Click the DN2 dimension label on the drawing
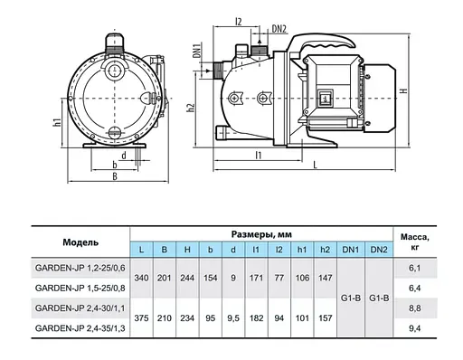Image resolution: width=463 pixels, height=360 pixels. (x=279, y=29)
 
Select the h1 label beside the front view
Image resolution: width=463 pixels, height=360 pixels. (x=57, y=122)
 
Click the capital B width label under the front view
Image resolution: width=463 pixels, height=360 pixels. (x=115, y=176)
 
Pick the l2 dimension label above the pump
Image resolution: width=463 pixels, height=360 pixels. (x=238, y=22)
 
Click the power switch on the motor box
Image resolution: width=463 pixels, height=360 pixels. (x=325, y=99)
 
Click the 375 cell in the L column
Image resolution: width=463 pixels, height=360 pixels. (x=141, y=318)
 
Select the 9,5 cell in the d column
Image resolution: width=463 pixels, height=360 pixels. (x=233, y=318)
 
